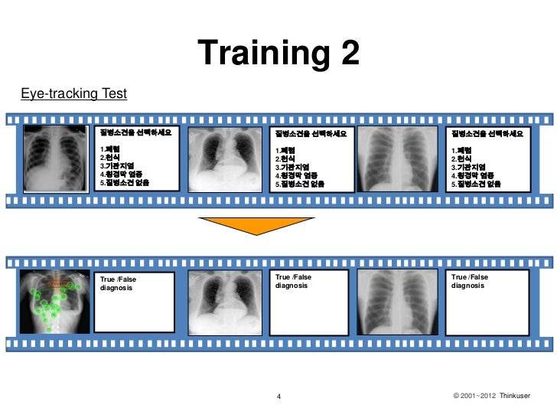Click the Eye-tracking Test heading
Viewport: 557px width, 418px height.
pos(74,94)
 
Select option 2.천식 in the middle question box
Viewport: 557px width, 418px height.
pos(288,158)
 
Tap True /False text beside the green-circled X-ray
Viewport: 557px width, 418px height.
pos(116,279)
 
